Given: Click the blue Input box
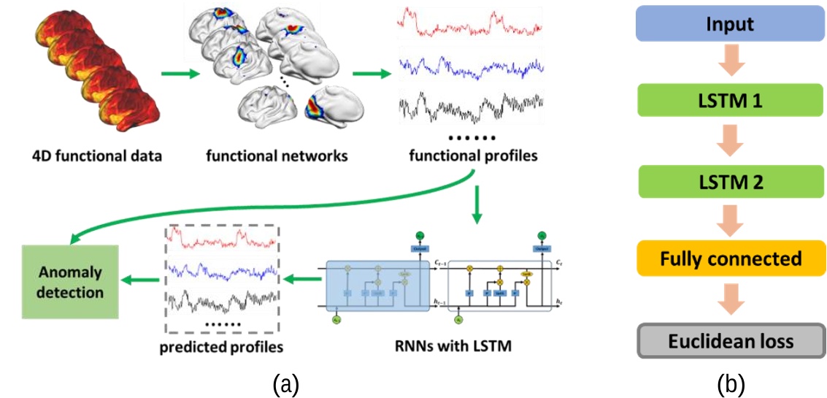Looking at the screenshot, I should coord(730,24).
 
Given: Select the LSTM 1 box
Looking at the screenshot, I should coord(730,101).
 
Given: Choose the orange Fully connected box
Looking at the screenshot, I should coord(730,259).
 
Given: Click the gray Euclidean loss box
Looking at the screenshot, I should coord(730,341).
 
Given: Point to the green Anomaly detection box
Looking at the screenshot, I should coord(72,282).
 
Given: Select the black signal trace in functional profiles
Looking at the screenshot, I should coord(469,108).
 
